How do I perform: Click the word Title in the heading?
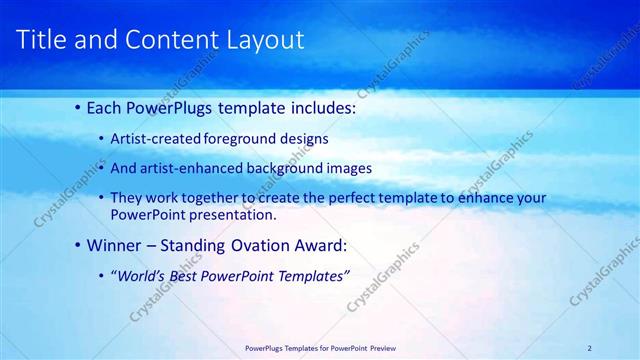pos(43,40)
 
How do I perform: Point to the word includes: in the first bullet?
pos(318,107)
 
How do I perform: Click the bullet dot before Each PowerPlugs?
pos(79,107)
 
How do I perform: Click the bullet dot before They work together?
pos(102,198)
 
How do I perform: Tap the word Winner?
pos(113,244)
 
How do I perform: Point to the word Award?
pos(318,244)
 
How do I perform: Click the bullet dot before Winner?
pos(79,244)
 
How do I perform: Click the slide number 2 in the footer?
pos(589,348)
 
